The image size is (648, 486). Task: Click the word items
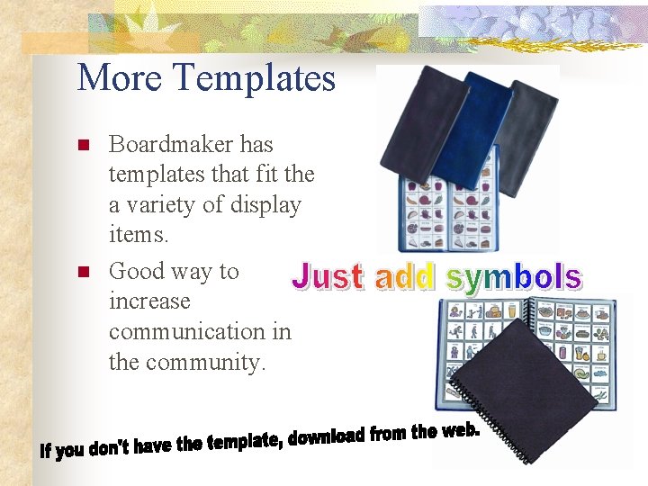tap(136, 236)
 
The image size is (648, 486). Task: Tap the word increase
tap(149, 301)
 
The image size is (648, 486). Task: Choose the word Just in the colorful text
tap(328, 277)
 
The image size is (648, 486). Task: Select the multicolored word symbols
tap(513, 277)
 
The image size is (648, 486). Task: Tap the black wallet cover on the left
tap(422, 121)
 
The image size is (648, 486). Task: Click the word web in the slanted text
tap(458, 430)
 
